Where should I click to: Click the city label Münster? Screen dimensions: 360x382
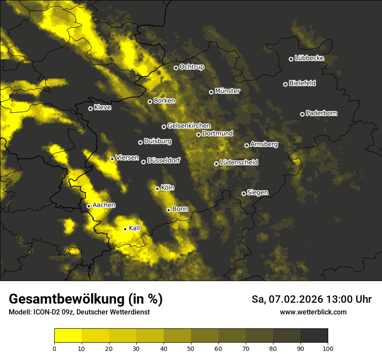(227, 91)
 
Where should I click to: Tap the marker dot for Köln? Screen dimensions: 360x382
(158, 189)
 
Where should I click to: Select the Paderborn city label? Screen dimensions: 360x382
(321, 113)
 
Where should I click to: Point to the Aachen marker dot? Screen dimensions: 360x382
(89, 206)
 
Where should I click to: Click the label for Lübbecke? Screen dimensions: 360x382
(309, 58)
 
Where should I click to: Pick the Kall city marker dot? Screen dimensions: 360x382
(125, 229)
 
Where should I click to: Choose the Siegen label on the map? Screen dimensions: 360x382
(257, 193)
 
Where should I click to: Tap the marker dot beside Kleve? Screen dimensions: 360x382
(90, 108)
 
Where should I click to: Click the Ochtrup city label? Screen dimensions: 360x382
(191, 67)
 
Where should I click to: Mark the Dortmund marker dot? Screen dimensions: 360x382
(198, 134)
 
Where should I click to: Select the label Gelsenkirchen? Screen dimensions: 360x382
(189, 126)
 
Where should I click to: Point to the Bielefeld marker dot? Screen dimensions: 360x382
(285, 84)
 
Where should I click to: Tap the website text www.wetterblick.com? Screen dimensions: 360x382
(313, 312)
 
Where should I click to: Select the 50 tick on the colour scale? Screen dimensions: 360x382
(191, 348)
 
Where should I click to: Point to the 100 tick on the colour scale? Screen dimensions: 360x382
(328, 348)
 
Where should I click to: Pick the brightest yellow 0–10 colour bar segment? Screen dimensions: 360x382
(68, 335)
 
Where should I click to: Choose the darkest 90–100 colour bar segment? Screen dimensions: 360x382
(314, 335)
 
